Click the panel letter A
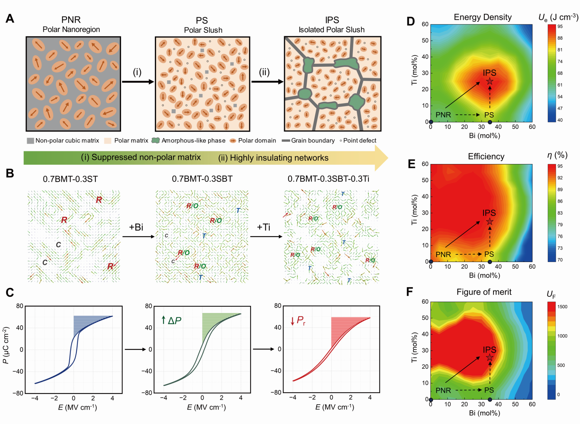tap(10, 19)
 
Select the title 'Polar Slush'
tap(203, 30)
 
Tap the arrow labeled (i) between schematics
tap(138, 82)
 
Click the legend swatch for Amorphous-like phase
tap(155, 140)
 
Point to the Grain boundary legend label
tap(313, 140)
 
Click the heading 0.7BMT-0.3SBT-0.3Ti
tap(328, 179)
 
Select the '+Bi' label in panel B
tap(136, 227)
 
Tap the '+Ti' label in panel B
tap(263, 227)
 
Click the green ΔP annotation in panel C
tap(171, 320)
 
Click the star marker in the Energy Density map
tap(490, 82)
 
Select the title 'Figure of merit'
tap(484, 292)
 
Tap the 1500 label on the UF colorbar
tap(562, 307)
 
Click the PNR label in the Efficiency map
tap(443, 254)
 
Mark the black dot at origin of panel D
tap(431, 122)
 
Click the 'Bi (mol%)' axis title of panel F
tap(484, 413)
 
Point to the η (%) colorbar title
tap(557, 155)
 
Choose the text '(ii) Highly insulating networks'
tap(273, 158)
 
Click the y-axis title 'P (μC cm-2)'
tap(6, 345)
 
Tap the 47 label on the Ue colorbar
tap(560, 108)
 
